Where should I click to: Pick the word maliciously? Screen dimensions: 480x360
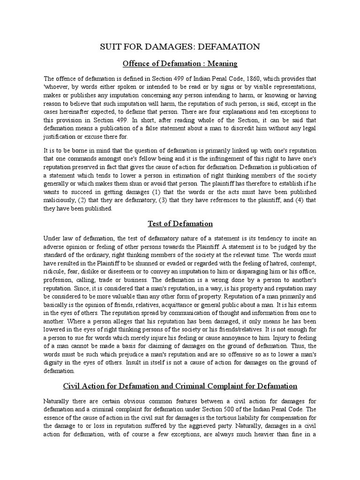click(60, 200)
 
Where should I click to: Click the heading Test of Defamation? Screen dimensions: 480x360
click(180, 224)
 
